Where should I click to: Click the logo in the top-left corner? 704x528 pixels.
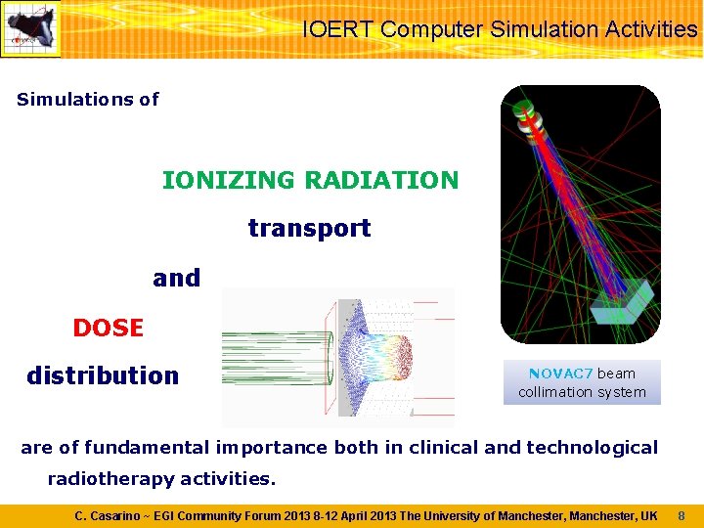[30, 29]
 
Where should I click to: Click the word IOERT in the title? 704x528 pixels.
[337, 29]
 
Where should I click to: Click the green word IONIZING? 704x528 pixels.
[227, 181]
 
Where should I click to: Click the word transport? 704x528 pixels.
[309, 229]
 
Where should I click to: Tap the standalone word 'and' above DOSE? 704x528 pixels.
[176, 279]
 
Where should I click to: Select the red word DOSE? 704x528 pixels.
[108, 329]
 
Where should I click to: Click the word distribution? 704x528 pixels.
[103, 376]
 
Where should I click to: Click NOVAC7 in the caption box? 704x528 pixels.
[560, 374]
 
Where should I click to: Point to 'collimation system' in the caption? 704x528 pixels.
[582, 392]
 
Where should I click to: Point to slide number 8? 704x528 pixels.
[682, 515]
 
